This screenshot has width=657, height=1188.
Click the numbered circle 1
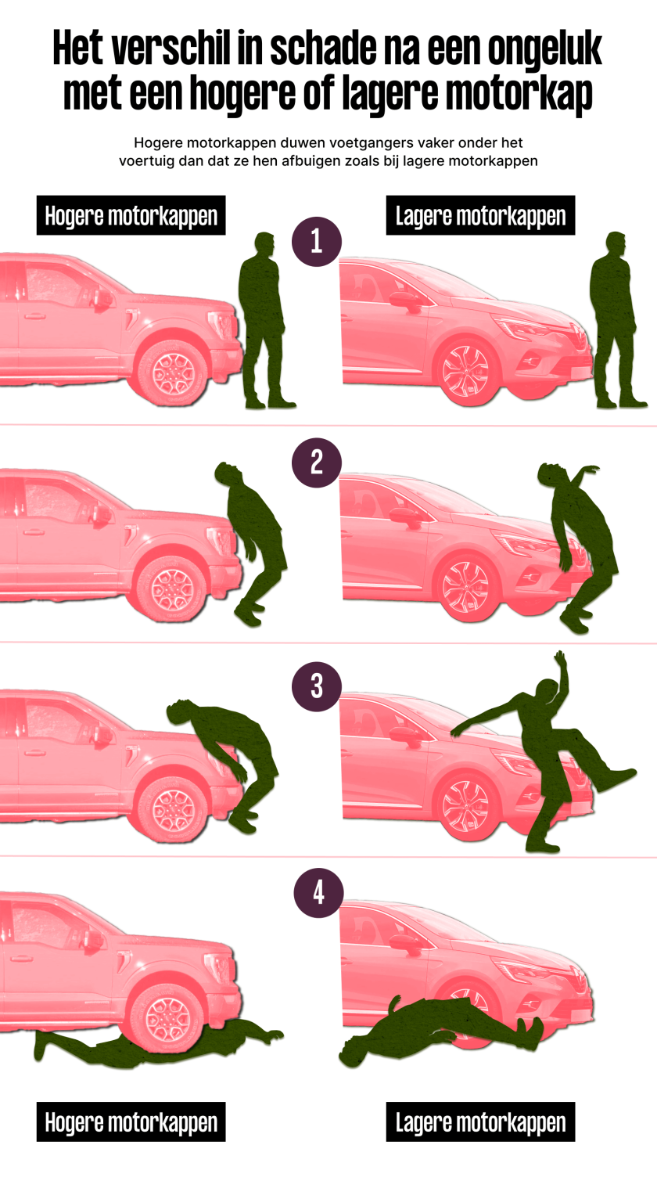coord(317,241)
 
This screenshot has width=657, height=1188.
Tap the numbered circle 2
coord(317,463)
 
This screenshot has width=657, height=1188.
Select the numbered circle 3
coord(317,686)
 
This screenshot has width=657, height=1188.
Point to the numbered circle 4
coord(318,892)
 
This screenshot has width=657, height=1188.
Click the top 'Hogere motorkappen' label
coord(131,215)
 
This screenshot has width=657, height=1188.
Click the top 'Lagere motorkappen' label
coord(480,215)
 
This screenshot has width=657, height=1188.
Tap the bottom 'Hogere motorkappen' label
coord(131,1121)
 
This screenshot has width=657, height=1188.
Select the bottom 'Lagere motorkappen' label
coord(480,1121)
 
